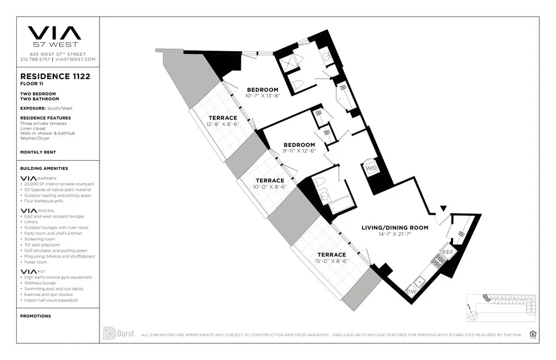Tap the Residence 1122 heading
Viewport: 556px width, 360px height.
tap(55, 77)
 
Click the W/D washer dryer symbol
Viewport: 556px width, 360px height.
tap(371, 167)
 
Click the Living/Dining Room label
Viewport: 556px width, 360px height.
tap(395, 228)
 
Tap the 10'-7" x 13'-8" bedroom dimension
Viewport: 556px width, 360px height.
tap(262, 96)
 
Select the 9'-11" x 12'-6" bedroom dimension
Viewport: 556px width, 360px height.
tap(299, 151)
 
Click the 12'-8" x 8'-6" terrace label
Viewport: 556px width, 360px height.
tap(222, 124)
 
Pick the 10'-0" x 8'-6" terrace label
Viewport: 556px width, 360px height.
tap(270, 187)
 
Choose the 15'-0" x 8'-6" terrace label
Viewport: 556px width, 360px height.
tap(331, 260)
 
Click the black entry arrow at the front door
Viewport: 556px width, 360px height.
tap(443, 208)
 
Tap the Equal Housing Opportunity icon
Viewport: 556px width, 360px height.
tap(533, 334)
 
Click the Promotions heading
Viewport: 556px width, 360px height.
tap(36, 316)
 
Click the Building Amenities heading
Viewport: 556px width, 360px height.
tap(44, 168)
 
